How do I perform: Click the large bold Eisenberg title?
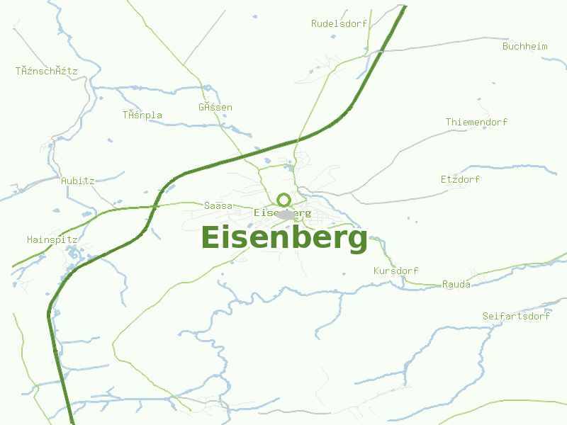[x=284, y=238]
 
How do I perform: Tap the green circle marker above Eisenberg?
[x=284, y=199]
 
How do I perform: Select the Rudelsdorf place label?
[x=339, y=23]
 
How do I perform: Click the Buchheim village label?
[x=524, y=46]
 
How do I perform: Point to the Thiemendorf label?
[x=476, y=122]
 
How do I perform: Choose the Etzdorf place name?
[x=460, y=179]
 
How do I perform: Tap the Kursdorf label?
[x=395, y=271]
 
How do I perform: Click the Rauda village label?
[x=456, y=284]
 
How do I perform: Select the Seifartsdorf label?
[x=516, y=316]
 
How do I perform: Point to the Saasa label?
[x=218, y=205]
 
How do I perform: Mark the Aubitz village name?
[x=77, y=181]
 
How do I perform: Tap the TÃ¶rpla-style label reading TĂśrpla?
[x=142, y=115]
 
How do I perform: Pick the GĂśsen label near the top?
[x=215, y=107]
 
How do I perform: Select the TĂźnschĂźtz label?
[x=46, y=71]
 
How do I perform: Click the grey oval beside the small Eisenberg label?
[x=286, y=214]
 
